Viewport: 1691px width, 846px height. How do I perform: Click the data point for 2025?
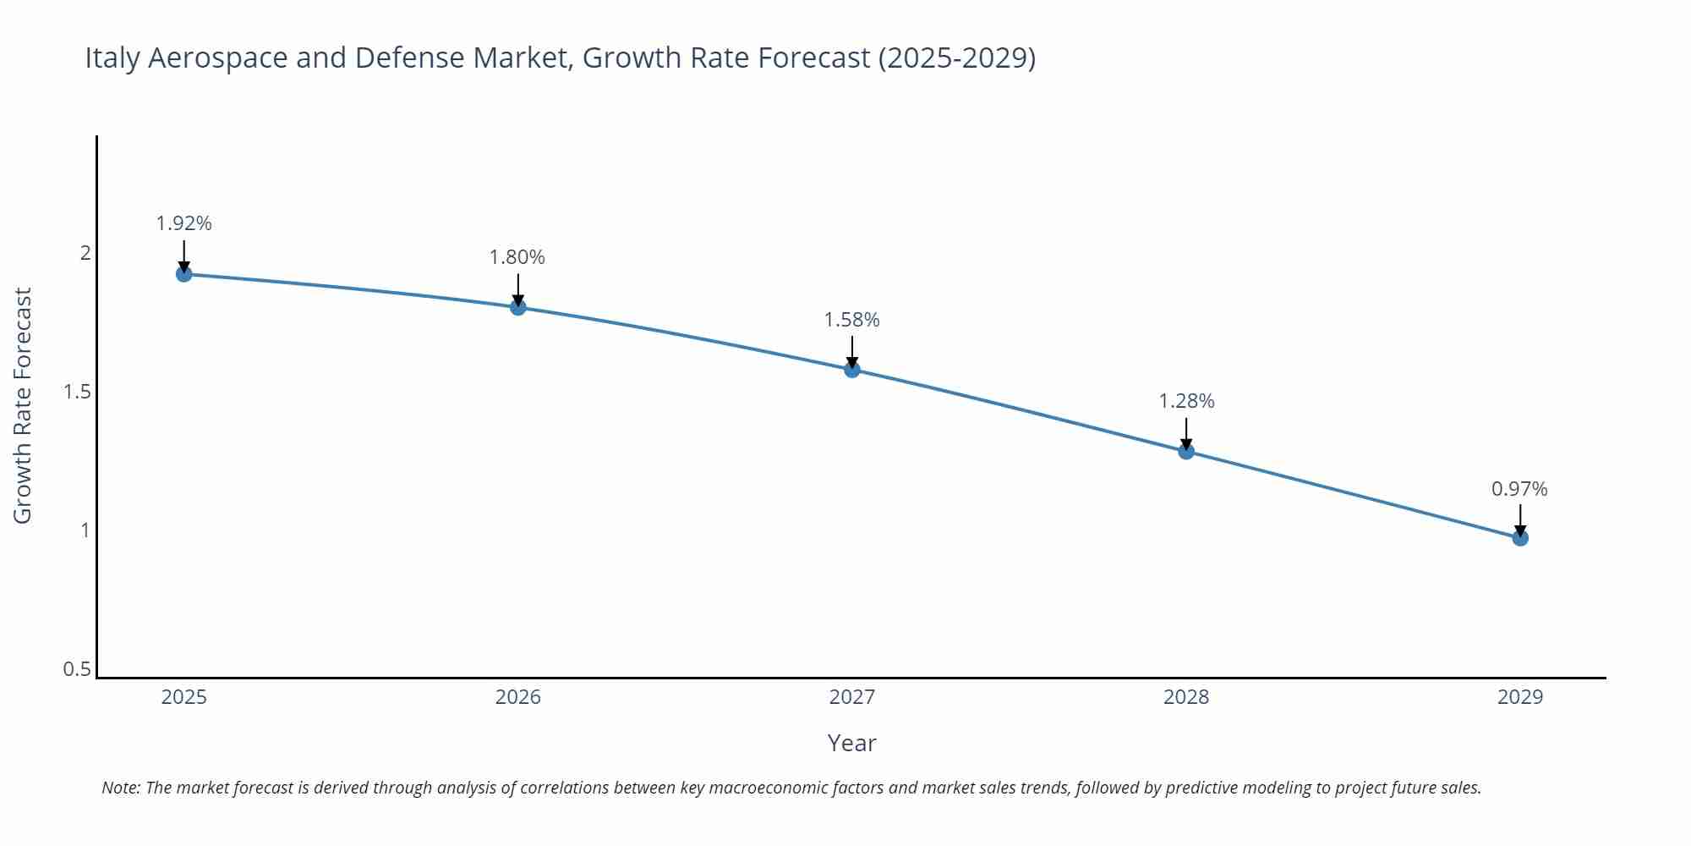click(184, 274)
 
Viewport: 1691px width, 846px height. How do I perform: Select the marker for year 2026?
click(518, 307)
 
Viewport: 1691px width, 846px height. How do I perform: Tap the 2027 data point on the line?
click(852, 370)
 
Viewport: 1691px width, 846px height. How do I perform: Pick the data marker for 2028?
click(1186, 451)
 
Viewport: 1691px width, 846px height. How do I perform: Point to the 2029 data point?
click(1520, 538)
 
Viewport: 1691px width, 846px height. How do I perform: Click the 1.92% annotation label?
click(184, 223)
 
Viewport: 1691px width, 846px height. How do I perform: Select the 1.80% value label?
click(517, 257)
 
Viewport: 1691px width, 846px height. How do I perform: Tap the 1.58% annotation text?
click(852, 320)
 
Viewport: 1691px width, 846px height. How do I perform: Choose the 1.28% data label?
click(1186, 401)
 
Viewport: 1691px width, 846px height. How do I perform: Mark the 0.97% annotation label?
click(1519, 489)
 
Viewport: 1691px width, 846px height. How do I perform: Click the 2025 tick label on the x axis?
click(184, 697)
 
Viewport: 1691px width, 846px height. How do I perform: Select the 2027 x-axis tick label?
click(852, 697)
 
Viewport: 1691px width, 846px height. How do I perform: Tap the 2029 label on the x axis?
click(1520, 697)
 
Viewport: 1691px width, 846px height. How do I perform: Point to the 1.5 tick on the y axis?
click(77, 392)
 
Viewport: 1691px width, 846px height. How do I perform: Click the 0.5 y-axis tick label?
click(77, 669)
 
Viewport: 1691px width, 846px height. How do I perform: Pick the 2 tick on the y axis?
click(85, 253)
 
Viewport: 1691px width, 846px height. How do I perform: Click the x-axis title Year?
click(851, 743)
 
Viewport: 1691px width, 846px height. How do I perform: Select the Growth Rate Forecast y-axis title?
click(23, 405)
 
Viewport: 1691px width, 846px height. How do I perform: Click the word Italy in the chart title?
click(112, 58)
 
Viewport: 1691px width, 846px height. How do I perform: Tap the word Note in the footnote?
click(121, 788)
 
